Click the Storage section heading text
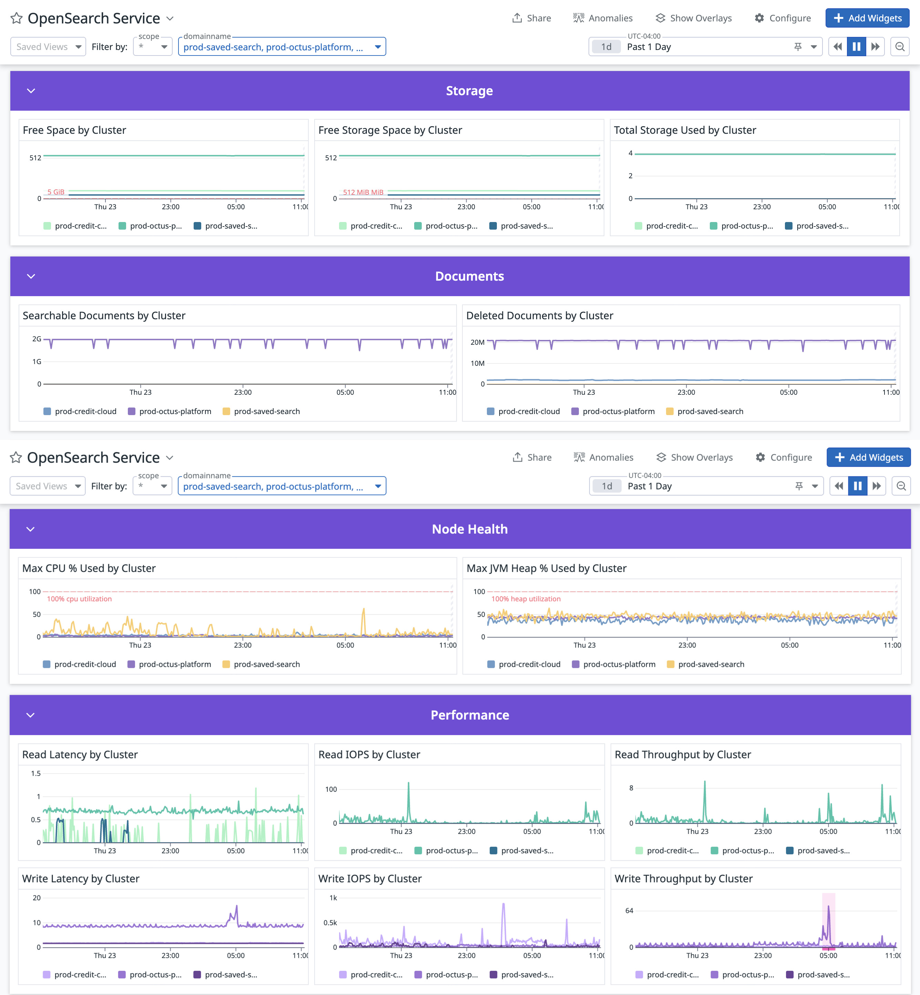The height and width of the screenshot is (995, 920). (x=469, y=91)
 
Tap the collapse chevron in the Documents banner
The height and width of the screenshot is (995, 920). (x=31, y=277)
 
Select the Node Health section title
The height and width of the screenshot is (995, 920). (x=469, y=529)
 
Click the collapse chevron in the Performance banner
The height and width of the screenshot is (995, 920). (x=30, y=715)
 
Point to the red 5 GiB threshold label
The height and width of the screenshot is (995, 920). (x=56, y=192)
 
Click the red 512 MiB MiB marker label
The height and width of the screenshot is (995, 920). (x=363, y=192)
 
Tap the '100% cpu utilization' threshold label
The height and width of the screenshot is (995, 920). (x=79, y=599)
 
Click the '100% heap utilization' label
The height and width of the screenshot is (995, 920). (x=526, y=599)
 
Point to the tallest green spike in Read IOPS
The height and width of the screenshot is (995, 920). (x=409, y=785)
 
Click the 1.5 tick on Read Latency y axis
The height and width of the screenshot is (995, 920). (x=36, y=773)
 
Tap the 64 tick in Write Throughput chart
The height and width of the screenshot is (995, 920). (x=629, y=910)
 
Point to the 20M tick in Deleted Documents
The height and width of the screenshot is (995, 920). (x=478, y=342)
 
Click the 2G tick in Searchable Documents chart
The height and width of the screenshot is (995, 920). (x=37, y=339)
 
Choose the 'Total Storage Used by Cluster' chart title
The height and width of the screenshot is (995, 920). (x=685, y=130)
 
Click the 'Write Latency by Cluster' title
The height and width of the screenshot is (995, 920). (x=81, y=878)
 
